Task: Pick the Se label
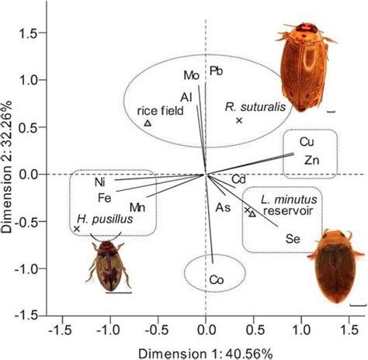click(x=293, y=238)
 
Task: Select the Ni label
click(x=100, y=182)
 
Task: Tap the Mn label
click(x=137, y=207)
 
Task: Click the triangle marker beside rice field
click(x=148, y=123)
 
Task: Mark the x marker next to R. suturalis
click(x=239, y=120)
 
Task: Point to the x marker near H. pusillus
click(x=76, y=229)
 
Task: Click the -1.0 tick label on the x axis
click(x=110, y=331)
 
